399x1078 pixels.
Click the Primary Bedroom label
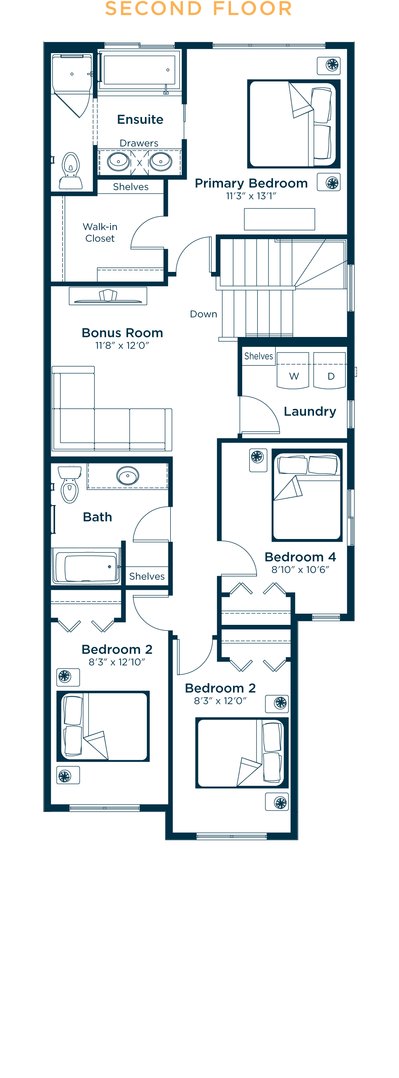251,183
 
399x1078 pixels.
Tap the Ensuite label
140,120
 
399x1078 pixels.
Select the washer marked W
293,371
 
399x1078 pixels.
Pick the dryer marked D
330,371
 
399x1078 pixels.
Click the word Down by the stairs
203,314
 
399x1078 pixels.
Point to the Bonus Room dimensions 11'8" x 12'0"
122,345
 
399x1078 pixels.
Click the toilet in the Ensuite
71,171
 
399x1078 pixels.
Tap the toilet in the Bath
69,484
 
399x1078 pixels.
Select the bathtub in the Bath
86,567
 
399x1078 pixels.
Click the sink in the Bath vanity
128,476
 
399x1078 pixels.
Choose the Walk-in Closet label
100,233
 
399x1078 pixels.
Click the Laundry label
310,411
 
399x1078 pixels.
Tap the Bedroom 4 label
300,557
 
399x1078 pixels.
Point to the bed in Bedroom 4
307,495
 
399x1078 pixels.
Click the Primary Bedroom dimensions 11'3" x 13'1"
251,196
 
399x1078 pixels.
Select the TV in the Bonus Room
108,297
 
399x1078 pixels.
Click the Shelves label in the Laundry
259,356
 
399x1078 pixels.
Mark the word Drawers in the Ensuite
139,143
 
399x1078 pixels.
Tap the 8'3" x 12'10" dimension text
117,662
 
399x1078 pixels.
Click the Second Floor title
199,8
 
